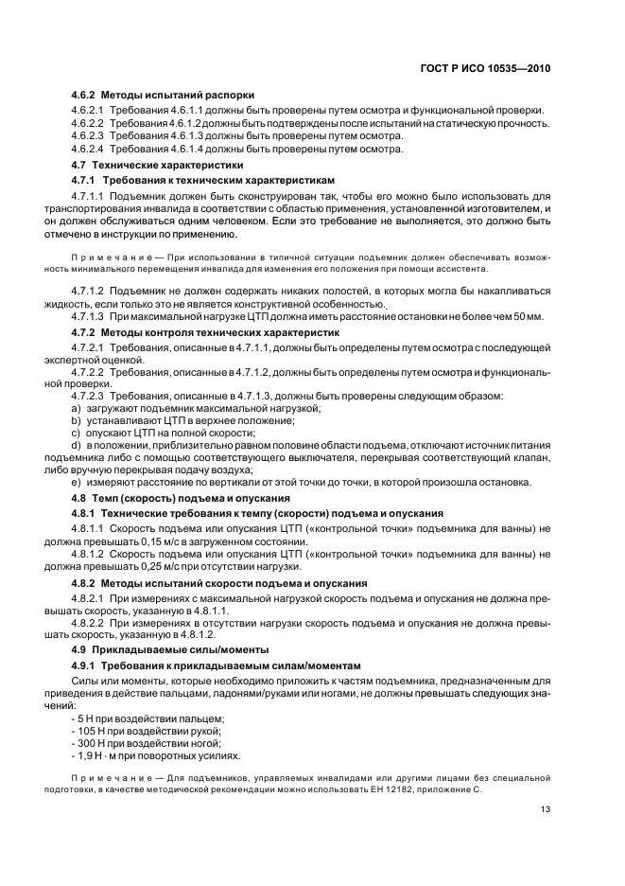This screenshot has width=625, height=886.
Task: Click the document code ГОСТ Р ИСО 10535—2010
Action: click(485, 69)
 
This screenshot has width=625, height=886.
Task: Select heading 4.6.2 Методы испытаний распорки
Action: click(164, 96)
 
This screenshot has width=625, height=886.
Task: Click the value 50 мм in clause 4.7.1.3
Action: click(530, 317)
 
